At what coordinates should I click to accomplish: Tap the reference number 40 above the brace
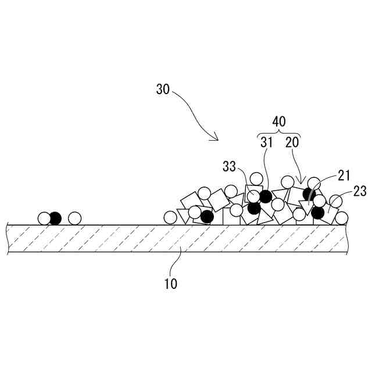point(280,121)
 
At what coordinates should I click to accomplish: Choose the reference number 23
point(360,191)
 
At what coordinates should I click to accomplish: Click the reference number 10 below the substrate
point(171,284)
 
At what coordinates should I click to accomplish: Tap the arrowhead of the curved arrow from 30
point(216,139)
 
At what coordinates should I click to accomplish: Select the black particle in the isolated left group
point(55,219)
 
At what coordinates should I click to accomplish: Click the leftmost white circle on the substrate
point(44,219)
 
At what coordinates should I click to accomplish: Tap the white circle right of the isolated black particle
point(74,219)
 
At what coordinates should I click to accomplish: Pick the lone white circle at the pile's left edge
point(170,217)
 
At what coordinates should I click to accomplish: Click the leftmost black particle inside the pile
point(207,216)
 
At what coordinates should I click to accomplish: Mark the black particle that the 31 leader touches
point(265,196)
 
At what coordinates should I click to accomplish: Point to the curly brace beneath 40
point(280,134)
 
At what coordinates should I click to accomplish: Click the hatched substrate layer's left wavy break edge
point(8,238)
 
